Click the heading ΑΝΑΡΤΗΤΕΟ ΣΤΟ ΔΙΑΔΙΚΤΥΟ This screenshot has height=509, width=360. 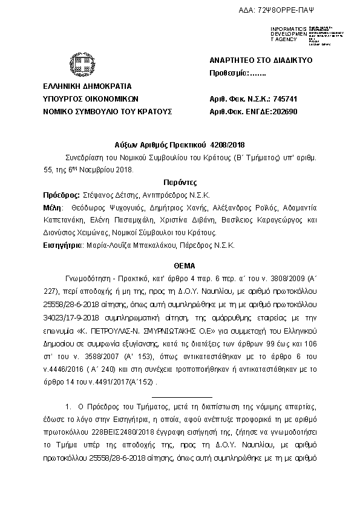coord(252,60)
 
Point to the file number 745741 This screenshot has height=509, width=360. coord(286,99)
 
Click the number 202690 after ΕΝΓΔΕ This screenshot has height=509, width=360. coord(284,111)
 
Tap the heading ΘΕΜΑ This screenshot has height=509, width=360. coord(180,265)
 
